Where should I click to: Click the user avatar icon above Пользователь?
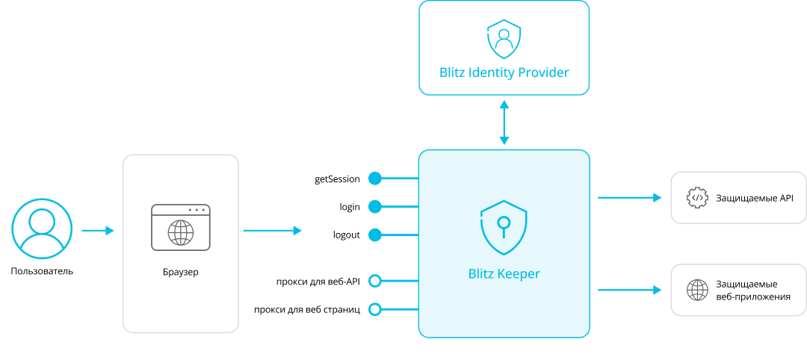pyautogui.click(x=42, y=229)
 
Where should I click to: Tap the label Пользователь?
pyautogui.click(x=42, y=271)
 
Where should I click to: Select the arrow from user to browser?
pyautogui.click(x=98, y=231)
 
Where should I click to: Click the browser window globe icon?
pyautogui.click(x=181, y=232)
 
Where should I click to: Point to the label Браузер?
pyautogui.click(x=180, y=273)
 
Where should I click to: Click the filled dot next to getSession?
pyautogui.click(x=375, y=179)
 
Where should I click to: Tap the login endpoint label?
pyautogui.click(x=350, y=207)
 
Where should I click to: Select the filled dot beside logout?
pyautogui.click(x=375, y=235)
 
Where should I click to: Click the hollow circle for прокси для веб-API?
pyautogui.click(x=375, y=281)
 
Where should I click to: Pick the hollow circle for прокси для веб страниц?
pyautogui.click(x=375, y=309)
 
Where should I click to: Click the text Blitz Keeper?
pyautogui.click(x=504, y=273)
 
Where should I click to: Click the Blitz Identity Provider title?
pyautogui.click(x=504, y=72)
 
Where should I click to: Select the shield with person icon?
pyautogui.click(x=504, y=40)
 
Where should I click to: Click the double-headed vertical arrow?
pyautogui.click(x=504, y=122)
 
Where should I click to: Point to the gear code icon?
pyautogui.click(x=698, y=197)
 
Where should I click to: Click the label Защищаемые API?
pyautogui.click(x=755, y=198)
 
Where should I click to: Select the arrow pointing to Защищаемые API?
pyautogui.click(x=629, y=197)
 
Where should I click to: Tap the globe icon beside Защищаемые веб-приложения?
pyautogui.click(x=698, y=290)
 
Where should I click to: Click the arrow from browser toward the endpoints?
pyautogui.click(x=273, y=231)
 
